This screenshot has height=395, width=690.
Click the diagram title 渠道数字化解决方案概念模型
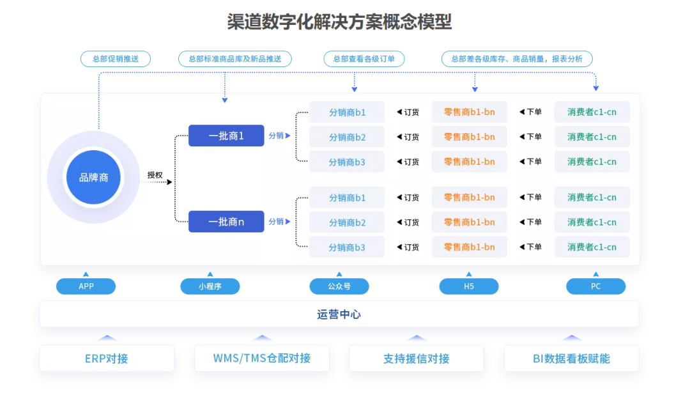[x=339, y=22]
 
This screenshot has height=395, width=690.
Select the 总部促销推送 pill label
[x=116, y=59]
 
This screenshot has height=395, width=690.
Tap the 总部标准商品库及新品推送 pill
[x=235, y=59]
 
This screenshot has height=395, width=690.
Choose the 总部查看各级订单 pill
[x=364, y=59]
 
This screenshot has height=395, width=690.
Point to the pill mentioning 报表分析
[x=517, y=59]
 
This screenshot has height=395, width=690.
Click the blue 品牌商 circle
[x=93, y=178]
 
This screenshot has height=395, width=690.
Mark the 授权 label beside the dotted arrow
[x=155, y=175]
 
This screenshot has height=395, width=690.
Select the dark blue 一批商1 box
[x=226, y=136]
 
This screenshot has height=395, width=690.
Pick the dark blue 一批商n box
[x=226, y=222]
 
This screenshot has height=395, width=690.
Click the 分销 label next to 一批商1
[x=277, y=136]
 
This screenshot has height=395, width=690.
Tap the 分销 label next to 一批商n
[x=277, y=222]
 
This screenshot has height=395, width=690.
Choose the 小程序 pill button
[x=210, y=286]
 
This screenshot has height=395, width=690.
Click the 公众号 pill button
[x=339, y=286]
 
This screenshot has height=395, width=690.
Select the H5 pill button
[x=469, y=286]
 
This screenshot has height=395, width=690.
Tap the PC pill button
[x=596, y=286]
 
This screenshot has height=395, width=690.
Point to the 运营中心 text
[x=339, y=314]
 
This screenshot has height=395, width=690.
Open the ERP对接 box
[x=107, y=359]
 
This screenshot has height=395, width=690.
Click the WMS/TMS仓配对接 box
[x=262, y=359]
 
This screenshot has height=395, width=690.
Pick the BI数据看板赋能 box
[x=571, y=359]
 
